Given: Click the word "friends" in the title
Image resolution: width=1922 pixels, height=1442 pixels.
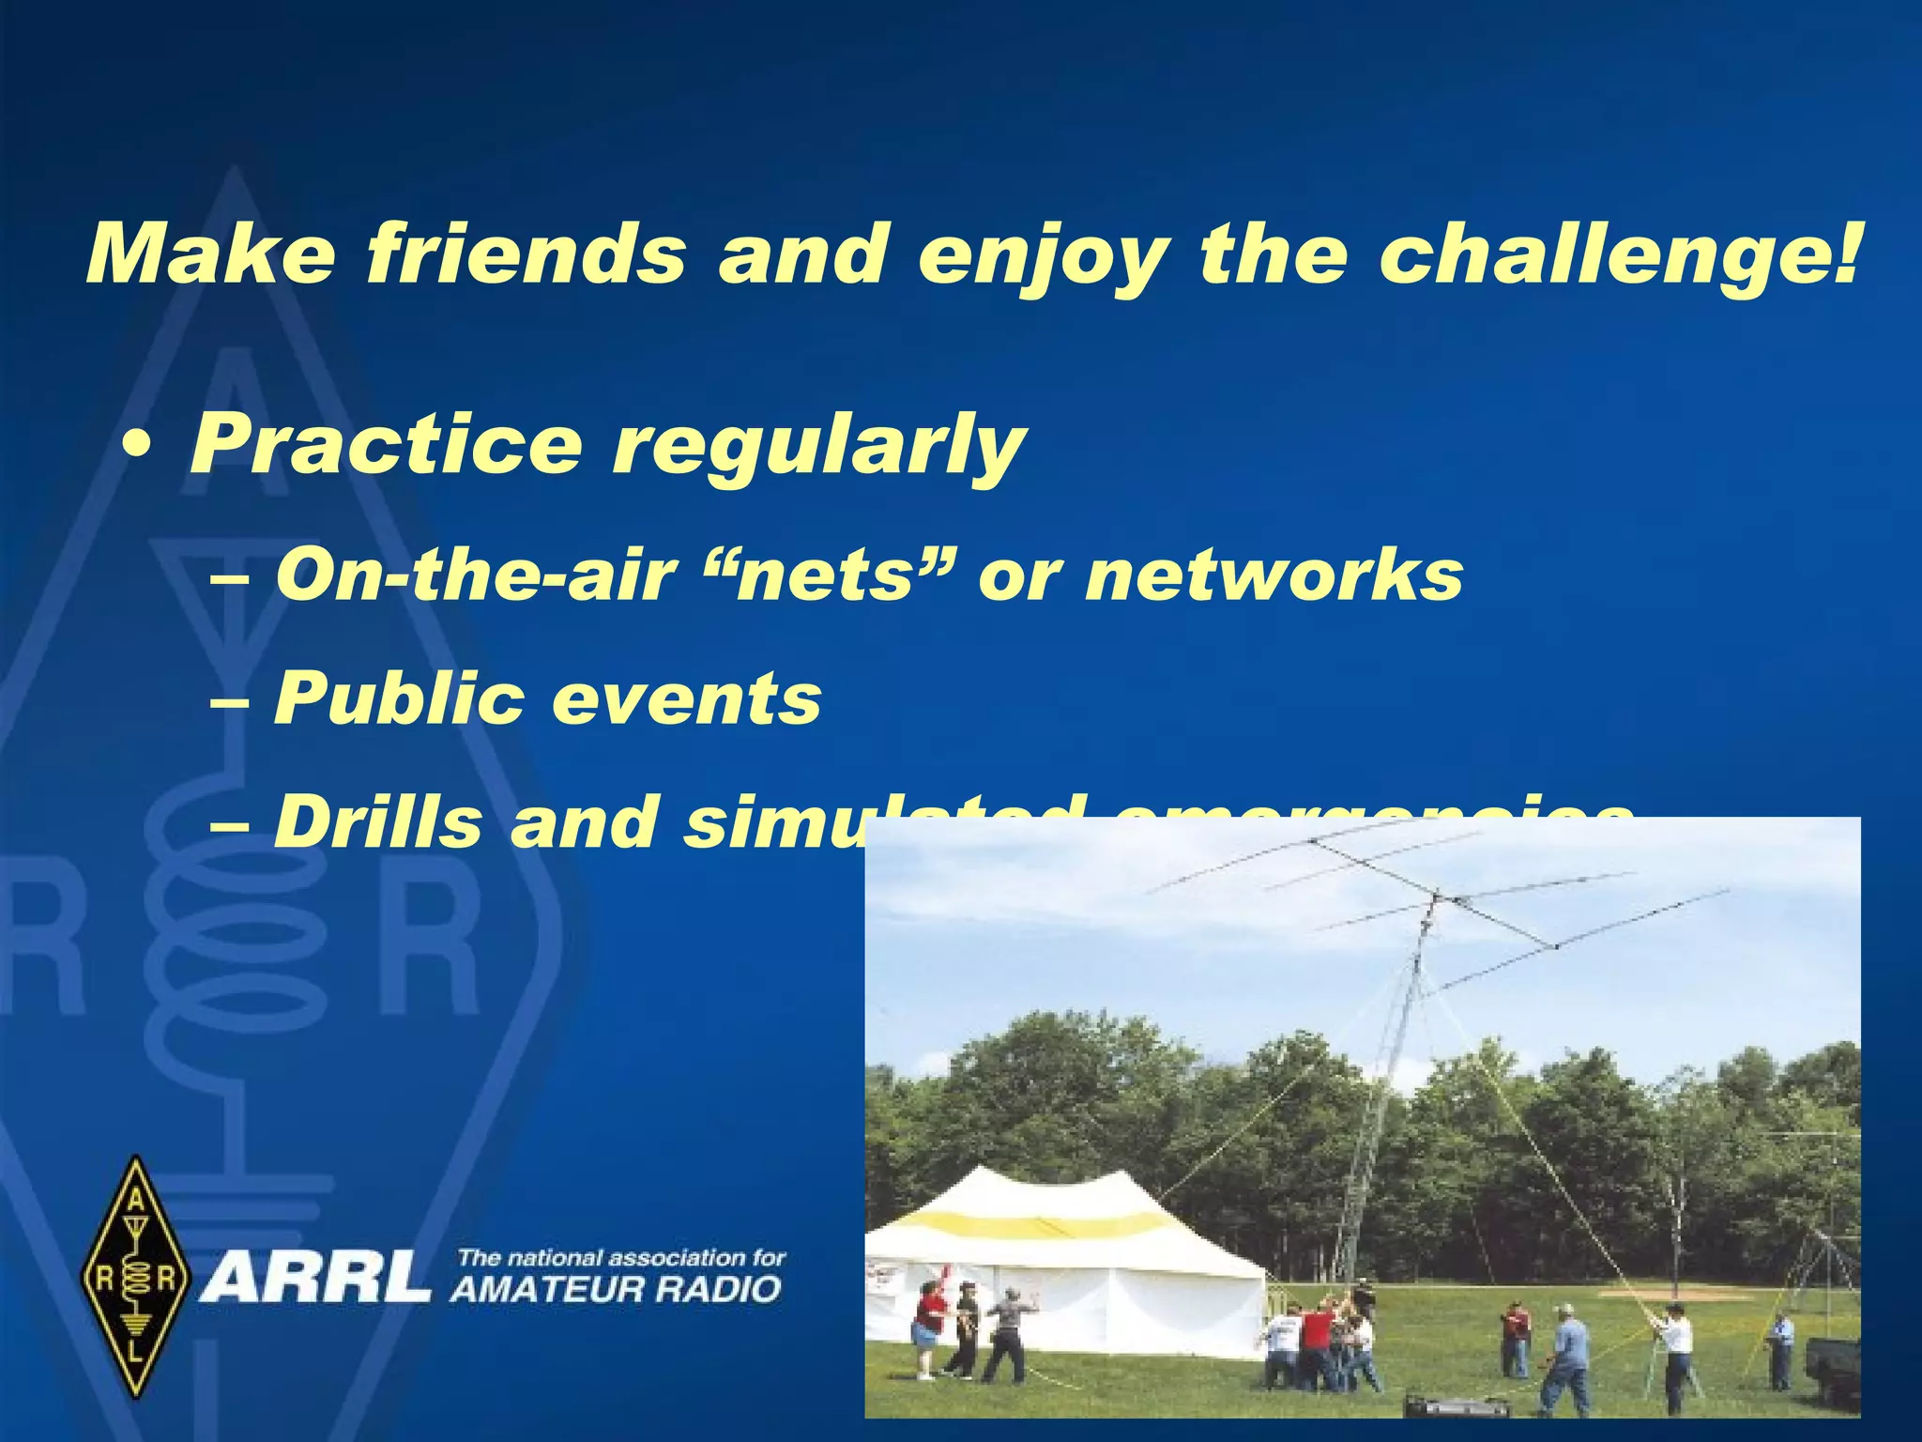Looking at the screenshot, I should click(x=526, y=255).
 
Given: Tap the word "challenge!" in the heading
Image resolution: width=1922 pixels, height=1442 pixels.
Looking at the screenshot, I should click(x=1618, y=255).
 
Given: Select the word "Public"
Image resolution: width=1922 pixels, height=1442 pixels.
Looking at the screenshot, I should click(x=398, y=699).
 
